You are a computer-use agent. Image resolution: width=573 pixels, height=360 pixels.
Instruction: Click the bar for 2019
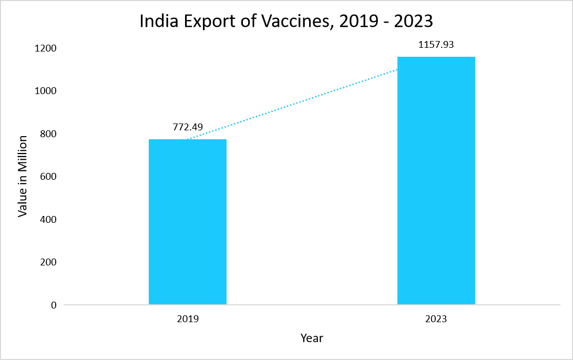[x=188, y=222]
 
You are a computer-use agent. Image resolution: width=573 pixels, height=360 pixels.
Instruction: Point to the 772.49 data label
[x=188, y=127]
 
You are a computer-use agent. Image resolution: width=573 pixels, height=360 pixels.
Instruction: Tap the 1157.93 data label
[x=436, y=45]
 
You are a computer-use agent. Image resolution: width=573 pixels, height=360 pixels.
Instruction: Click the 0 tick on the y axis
[x=54, y=305]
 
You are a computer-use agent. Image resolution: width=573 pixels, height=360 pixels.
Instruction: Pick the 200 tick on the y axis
[x=49, y=262]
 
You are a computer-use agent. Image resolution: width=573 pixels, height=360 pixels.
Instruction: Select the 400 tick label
[x=49, y=219]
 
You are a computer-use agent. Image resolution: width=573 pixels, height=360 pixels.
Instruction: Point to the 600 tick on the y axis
[x=49, y=177]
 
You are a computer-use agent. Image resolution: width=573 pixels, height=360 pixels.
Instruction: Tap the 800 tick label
[x=49, y=133]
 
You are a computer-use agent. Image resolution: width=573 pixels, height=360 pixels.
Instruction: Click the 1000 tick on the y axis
[x=47, y=91]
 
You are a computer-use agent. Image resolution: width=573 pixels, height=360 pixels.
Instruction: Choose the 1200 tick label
[x=47, y=48]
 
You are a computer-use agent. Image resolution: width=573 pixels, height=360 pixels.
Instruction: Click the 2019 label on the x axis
[x=188, y=319]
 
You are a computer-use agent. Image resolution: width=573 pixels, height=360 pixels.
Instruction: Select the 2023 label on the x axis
[x=436, y=319]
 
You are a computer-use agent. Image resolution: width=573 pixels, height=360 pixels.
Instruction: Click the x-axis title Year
[x=312, y=338]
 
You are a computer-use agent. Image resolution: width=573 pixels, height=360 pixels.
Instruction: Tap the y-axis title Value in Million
[x=23, y=176]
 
